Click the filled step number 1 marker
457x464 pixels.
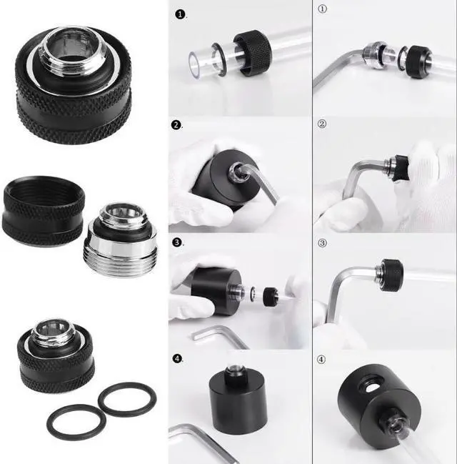179,14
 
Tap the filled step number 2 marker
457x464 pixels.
178,125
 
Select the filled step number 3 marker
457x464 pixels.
178,242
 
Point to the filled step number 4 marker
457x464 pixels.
178,358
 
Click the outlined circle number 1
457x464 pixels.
322,10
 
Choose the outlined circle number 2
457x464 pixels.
322,124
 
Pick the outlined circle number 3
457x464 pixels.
322,242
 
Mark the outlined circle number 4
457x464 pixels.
322,359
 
